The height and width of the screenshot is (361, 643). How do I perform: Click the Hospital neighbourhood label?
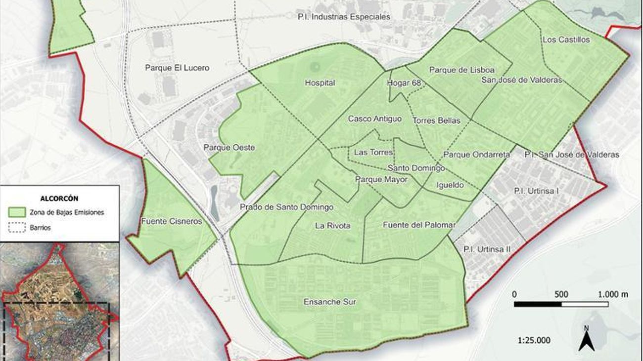tap(320, 83)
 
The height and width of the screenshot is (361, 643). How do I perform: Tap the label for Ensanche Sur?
tap(330, 301)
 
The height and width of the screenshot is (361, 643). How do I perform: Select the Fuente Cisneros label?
tap(172, 221)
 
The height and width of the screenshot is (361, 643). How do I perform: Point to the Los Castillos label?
tap(566, 40)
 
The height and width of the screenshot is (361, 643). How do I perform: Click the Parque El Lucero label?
tap(177, 68)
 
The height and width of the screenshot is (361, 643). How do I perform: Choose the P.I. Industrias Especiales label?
tap(344, 17)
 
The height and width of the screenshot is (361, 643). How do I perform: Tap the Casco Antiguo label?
tap(374, 119)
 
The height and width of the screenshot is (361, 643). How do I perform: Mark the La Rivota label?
tap(332, 226)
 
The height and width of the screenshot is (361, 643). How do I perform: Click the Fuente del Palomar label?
tap(419, 225)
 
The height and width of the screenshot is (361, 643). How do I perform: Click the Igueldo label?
tap(450, 185)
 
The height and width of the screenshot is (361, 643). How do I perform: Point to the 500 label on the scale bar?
tap(561, 294)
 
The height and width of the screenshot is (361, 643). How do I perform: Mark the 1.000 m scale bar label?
tap(613, 294)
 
